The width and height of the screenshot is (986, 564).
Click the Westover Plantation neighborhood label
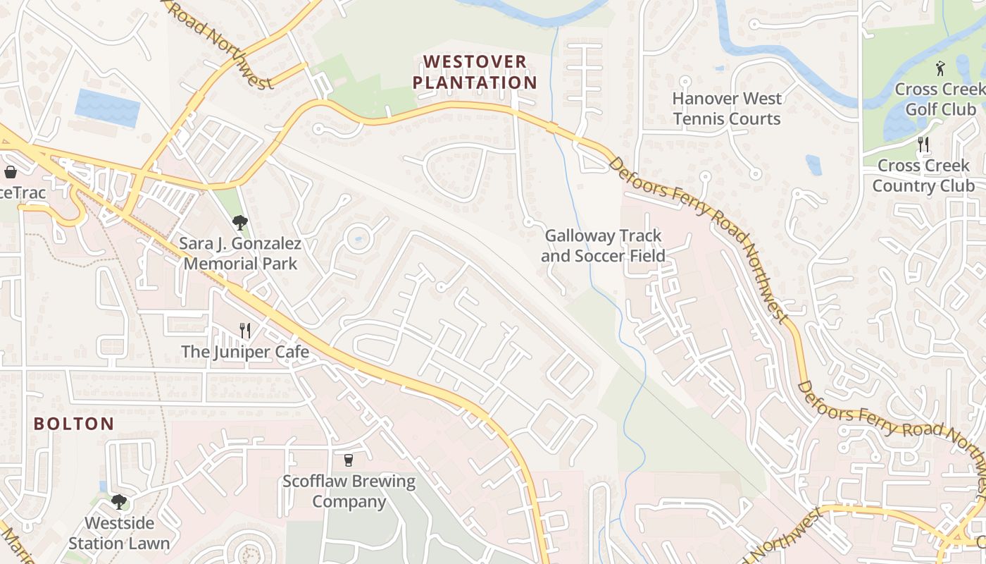point(474,72)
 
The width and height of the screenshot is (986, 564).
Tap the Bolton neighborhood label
point(74,424)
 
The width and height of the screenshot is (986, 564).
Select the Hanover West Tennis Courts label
point(727,109)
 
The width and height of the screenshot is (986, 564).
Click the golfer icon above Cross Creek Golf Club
point(940,68)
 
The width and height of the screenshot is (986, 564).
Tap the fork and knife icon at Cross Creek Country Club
point(923,145)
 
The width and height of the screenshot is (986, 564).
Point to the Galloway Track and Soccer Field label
point(603,245)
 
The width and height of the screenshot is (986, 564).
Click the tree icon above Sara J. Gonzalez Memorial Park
point(239,223)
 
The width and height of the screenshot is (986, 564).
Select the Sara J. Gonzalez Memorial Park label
point(239,254)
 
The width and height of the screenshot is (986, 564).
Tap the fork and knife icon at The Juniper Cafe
point(244,330)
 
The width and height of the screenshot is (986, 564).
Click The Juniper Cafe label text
point(244,351)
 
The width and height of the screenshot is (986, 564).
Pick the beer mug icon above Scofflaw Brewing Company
point(348,460)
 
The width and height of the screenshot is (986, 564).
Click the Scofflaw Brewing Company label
point(349,491)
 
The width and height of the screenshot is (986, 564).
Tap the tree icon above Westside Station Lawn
point(119,502)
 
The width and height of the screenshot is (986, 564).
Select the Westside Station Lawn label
point(119,533)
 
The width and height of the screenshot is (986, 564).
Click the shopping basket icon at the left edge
point(11,172)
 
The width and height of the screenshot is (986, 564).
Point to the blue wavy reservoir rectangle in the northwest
point(107,108)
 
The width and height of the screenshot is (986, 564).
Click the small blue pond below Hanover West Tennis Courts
point(813,165)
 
